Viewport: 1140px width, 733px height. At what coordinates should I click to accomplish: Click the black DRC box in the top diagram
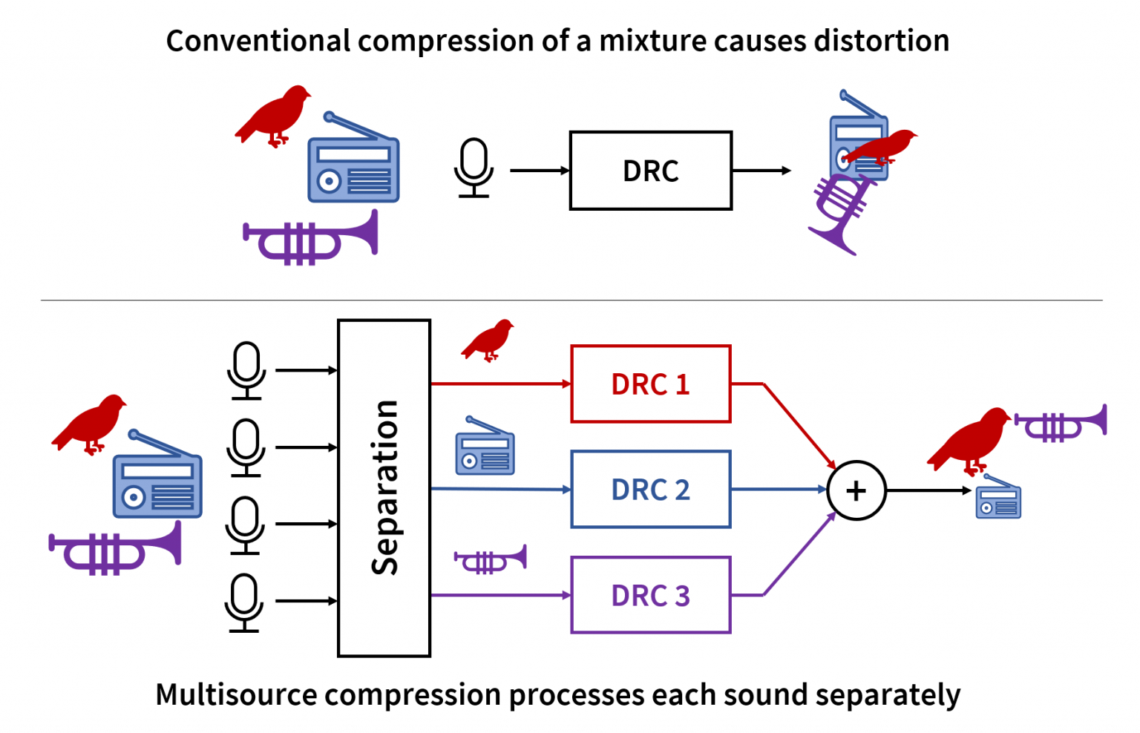(650, 171)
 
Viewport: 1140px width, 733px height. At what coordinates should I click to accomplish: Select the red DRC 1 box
(650, 384)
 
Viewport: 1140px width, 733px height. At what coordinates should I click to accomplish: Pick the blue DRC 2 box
(650, 490)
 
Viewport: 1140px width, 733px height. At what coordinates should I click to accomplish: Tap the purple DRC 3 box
(650, 595)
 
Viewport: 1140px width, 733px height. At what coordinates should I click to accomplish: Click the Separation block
(384, 488)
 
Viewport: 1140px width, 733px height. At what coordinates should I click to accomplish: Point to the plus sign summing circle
(856, 490)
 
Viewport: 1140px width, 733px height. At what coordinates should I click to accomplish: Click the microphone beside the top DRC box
(473, 168)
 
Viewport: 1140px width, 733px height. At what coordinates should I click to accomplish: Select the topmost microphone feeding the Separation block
(246, 369)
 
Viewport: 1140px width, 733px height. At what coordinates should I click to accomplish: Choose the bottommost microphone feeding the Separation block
(244, 602)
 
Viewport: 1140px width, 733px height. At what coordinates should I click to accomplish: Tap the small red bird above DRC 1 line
(488, 340)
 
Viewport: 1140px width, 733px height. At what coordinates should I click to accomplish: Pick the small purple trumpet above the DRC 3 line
(491, 559)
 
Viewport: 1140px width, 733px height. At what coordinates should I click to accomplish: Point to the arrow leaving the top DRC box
(761, 171)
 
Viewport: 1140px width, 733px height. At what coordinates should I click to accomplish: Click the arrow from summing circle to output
(928, 490)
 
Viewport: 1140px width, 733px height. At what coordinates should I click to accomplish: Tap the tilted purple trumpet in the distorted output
(841, 214)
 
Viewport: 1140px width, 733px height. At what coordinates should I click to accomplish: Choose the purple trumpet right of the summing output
(1061, 424)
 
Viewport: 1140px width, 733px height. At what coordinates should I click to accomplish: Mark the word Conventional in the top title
(258, 41)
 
